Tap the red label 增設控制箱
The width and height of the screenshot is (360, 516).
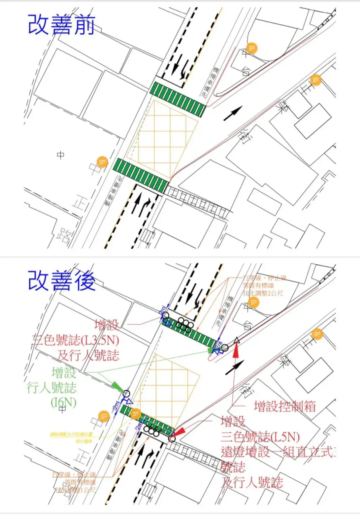coord(285,406)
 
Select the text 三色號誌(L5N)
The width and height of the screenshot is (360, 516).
coord(260,437)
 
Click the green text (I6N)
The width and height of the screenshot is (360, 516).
coord(64,402)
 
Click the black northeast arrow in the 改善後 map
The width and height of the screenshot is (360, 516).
coord(234,367)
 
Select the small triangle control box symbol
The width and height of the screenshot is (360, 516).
coord(237,340)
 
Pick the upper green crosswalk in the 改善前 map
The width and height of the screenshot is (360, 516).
coord(178,99)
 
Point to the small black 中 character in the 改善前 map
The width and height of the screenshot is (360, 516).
coord(61,155)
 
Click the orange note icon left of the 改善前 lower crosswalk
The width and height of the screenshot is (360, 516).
coord(102,161)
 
